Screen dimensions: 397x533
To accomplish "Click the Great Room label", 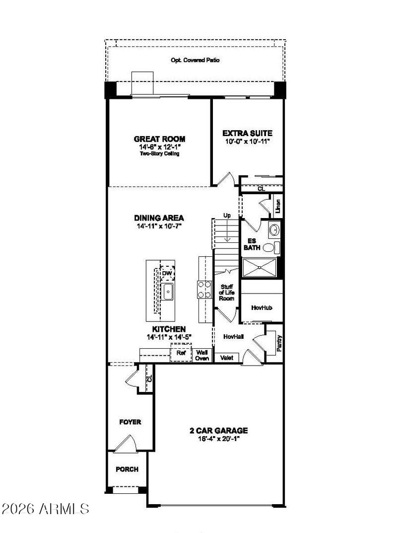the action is pyautogui.click(x=159, y=139).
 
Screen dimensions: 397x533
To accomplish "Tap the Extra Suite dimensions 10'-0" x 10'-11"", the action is pyautogui.click(x=247, y=142).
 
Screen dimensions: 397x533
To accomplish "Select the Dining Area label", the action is pyautogui.click(x=159, y=218).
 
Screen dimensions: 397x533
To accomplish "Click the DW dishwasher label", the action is pyautogui.click(x=166, y=273).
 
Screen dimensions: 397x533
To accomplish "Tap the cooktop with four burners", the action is pyautogui.click(x=204, y=290).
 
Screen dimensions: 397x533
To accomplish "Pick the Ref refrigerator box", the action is pyautogui.click(x=181, y=353).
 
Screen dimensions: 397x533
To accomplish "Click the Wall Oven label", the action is pyautogui.click(x=202, y=355).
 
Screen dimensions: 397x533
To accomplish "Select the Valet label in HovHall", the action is pyautogui.click(x=226, y=358).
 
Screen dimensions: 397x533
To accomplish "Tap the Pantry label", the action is pyautogui.click(x=279, y=343).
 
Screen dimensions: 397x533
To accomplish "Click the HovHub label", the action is pyautogui.click(x=262, y=307).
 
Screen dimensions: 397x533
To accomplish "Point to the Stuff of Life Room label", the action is pyautogui.click(x=226, y=293).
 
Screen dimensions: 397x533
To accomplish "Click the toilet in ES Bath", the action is pyautogui.click(x=271, y=247).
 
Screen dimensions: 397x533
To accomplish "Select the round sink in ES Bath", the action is pyautogui.click(x=274, y=230).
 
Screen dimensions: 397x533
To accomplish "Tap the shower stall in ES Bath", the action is pyautogui.click(x=260, y=268).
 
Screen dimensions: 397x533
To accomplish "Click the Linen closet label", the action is pyautogui.click(x=278, y=206).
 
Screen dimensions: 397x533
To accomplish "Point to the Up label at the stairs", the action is pyautogui.click(x=227, y=215).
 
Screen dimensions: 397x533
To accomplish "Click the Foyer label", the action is pyautogui.click(x=130, y=422).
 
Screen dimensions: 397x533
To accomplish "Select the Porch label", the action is pyautogui.click(x=127, y=469).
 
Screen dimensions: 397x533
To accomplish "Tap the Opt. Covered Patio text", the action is pyautogui.click(x=195, y=60).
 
